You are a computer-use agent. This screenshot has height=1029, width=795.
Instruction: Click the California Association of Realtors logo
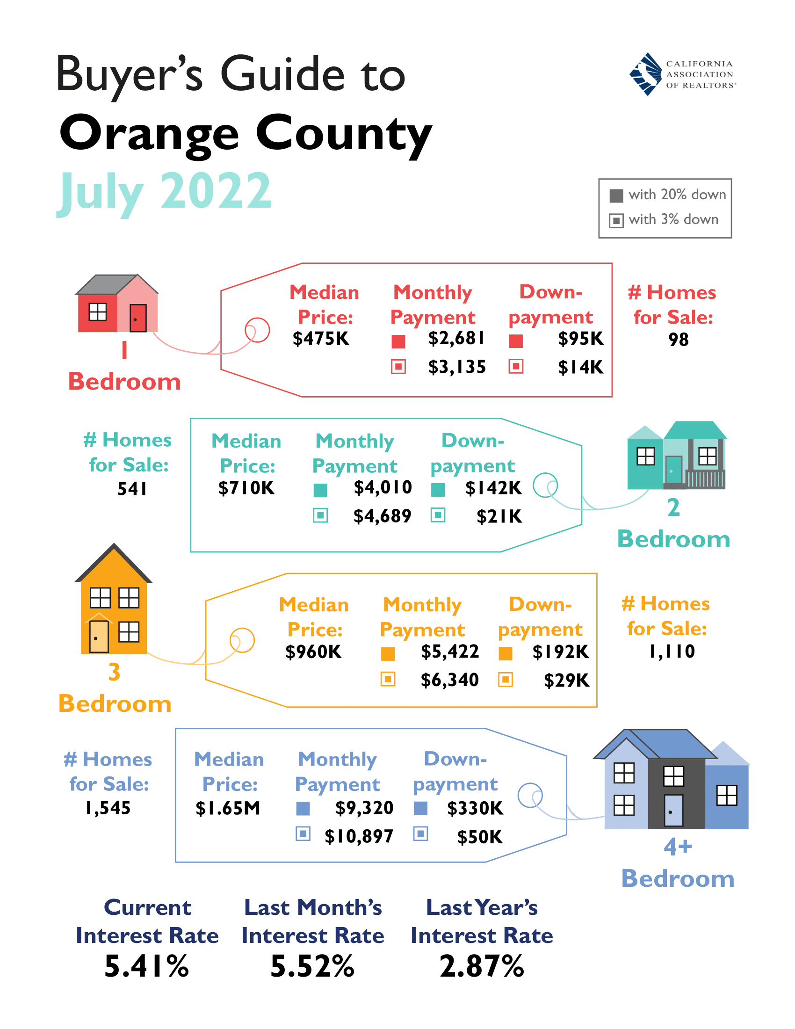682,74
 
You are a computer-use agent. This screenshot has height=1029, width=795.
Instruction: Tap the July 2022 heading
164,191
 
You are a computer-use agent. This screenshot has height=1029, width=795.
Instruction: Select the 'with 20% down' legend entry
668,195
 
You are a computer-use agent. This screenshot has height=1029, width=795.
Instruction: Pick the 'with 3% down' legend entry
664,219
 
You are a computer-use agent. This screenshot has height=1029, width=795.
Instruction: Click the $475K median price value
321,339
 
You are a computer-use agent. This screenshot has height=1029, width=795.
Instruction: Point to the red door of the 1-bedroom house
137,318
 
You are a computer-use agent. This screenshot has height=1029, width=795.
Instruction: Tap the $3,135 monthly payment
456,367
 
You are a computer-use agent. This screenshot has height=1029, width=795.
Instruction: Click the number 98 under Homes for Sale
678,340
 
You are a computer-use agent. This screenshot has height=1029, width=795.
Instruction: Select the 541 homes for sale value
132,489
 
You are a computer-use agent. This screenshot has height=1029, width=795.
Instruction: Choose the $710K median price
246,488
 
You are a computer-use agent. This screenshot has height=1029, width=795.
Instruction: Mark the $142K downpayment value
493,488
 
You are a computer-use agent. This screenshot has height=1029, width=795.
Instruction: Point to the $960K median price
313,652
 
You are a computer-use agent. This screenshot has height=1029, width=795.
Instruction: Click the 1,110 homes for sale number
672,652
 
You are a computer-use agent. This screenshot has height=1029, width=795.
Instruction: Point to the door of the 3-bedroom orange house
99,637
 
